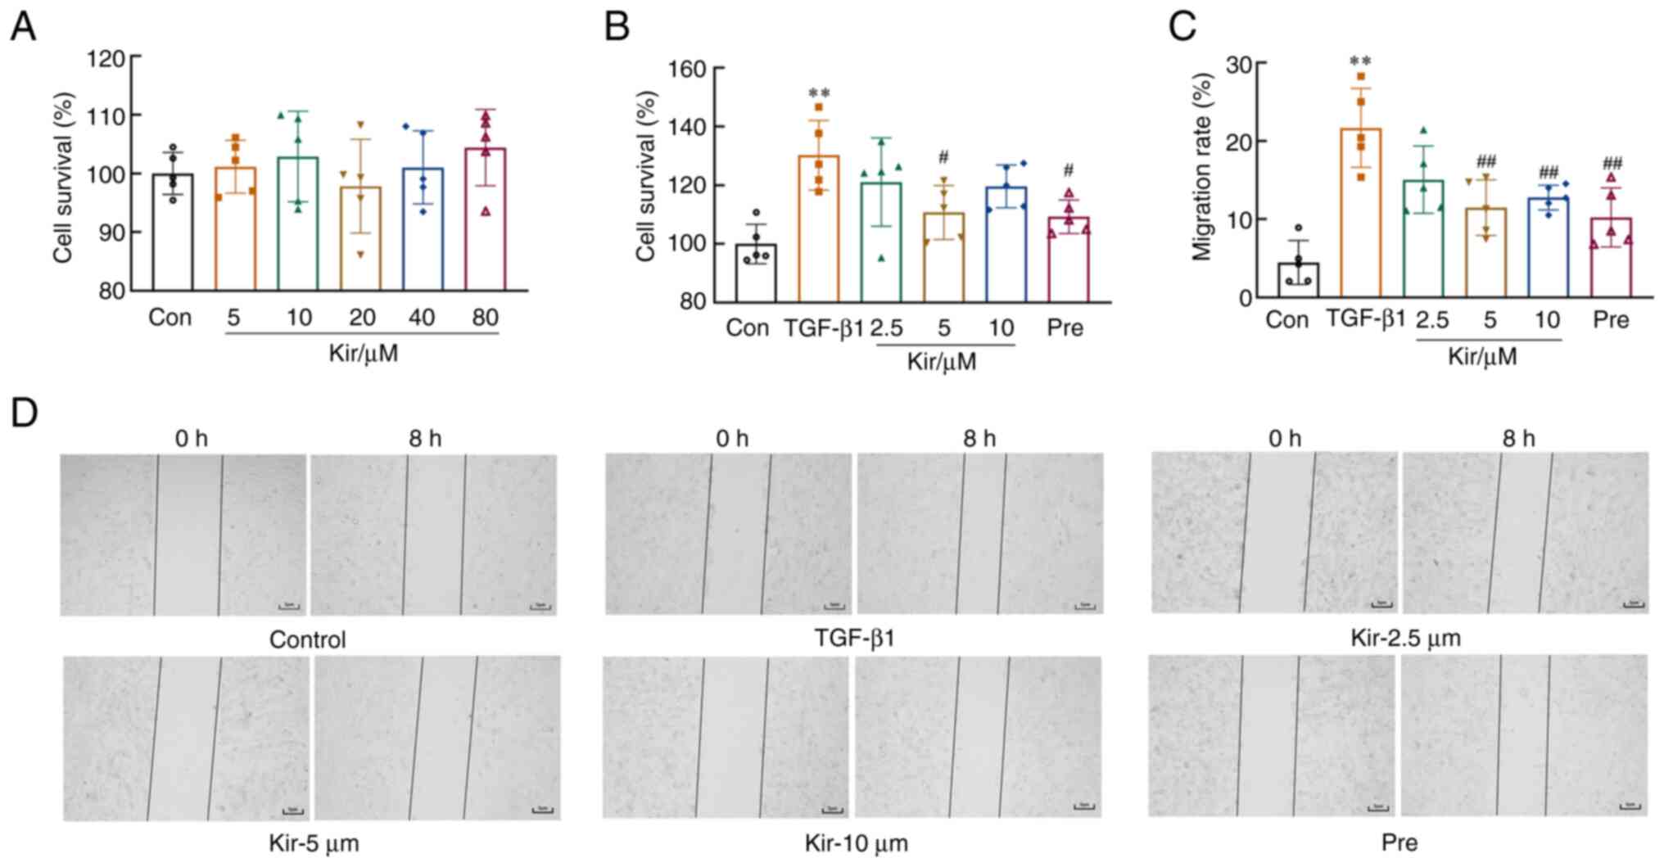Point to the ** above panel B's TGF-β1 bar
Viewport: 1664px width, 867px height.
(x=819, y=93)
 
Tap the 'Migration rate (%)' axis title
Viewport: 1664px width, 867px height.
(x=1202, y=167)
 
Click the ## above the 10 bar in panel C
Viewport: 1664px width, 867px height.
(x=1548, y=172)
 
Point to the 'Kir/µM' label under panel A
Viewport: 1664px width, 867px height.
(x=363, y=354)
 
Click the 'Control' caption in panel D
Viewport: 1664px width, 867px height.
(x=307, y=639)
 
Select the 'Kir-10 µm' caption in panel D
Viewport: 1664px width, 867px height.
(x=856, y=843)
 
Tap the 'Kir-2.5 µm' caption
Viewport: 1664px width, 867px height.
(x=1405, y=638)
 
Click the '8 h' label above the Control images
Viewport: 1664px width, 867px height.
(x=425, y=439)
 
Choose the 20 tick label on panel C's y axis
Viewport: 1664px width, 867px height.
(x=1241, y=142)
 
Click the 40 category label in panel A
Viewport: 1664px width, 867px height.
(x=421, y=318)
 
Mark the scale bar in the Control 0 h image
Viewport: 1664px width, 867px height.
(x=289, y=607)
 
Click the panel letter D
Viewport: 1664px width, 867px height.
(x=25, y=413)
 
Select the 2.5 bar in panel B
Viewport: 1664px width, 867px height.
(x=881, y=242)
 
